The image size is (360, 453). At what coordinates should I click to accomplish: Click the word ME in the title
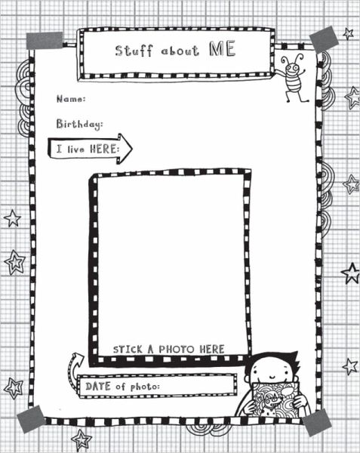[x=222, y=49]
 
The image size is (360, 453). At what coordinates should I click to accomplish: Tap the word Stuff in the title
[x=134, y=51]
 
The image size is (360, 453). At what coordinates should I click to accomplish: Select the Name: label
[x=71, y=99]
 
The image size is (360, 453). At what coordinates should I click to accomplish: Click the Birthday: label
[x=79, y=124]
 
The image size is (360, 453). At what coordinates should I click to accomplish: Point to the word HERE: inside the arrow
[x=104, y=149]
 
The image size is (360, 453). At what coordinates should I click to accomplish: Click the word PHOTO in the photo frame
[x=177, y=350]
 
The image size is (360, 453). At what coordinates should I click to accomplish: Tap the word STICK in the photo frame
[x=128, y=350]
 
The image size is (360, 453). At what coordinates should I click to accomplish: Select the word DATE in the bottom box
[x=98, y=387]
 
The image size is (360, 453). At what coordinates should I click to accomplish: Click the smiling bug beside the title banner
[x=294, y=78]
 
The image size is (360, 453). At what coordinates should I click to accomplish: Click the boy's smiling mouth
[x=272, y=377]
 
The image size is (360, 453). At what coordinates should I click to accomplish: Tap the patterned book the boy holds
[x=276, y=400]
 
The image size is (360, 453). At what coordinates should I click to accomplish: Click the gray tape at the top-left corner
[x=45, y=41]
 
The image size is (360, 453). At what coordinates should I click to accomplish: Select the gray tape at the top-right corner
[x=324, y=39]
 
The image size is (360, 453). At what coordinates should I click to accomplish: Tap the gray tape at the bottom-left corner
[x=31, y=419]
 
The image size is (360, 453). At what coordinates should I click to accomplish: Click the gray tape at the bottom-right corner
[x=317, y=423]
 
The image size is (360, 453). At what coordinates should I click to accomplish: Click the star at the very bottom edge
[x=82, y=440]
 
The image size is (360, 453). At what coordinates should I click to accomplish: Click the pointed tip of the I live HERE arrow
[x=132, y=149]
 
